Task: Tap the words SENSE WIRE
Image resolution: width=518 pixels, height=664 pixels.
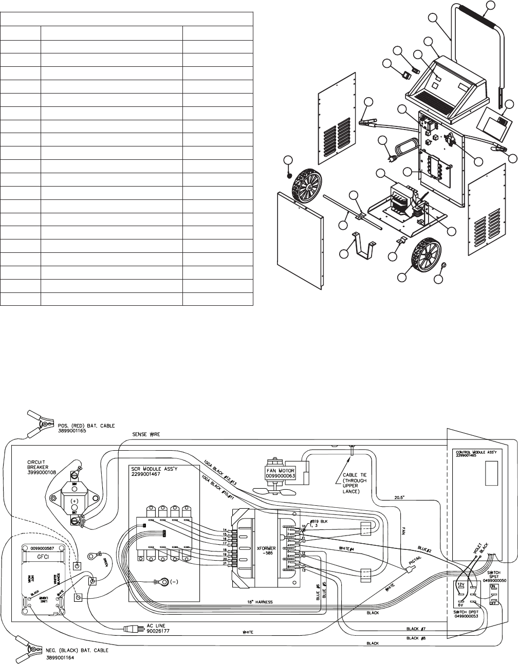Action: [145, 435]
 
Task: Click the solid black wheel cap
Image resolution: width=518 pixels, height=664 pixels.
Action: [289, 176]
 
